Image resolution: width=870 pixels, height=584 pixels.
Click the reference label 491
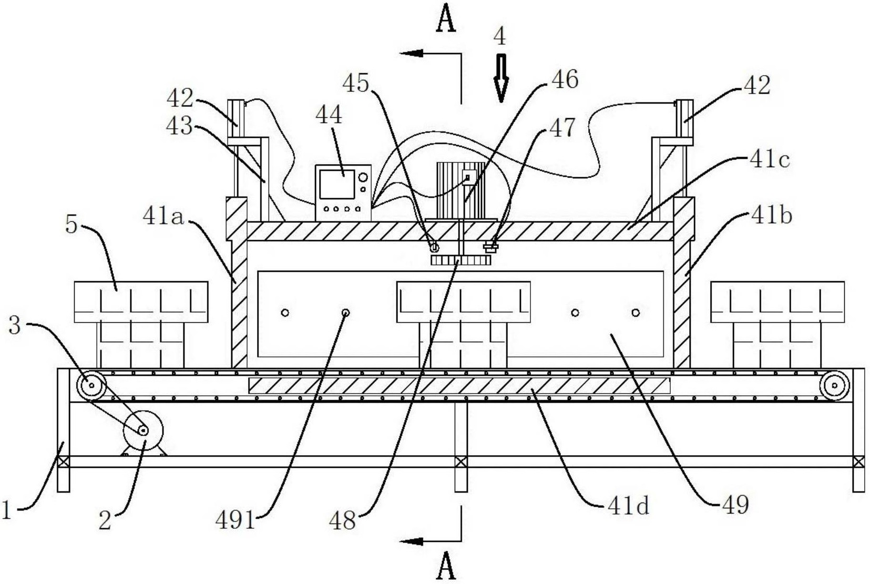(x=235, y=520)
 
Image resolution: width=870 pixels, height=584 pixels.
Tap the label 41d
(x=628, y=506)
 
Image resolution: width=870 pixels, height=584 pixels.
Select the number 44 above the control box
(x=329, y=115)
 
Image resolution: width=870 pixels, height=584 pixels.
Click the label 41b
(x=771, y=216)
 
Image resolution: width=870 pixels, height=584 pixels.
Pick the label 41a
(x=163, y=216)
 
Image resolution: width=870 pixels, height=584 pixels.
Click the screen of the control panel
(x=337, y=183)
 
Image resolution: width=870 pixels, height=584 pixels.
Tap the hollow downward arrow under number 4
(x=501, y=79)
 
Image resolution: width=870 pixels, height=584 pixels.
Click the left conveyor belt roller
(x=91, y=386)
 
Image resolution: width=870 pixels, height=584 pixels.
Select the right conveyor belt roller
(x=834, y=386)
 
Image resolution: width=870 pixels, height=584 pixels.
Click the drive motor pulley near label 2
(x=143, y=431)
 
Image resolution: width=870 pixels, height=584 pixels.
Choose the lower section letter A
(x=446, y=567)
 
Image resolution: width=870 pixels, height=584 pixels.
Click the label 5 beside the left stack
(x=71, y=224)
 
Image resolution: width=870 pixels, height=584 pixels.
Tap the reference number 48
(x=342, y=520)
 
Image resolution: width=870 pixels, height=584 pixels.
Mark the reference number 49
(x=735, y=505)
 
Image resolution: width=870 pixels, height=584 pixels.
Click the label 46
(x=565, y=79)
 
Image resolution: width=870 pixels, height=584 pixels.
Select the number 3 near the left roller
(x=15, y=325)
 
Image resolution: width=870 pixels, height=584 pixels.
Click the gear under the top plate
(x=460, y=261)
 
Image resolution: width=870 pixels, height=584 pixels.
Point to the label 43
(x=179, y=126)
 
